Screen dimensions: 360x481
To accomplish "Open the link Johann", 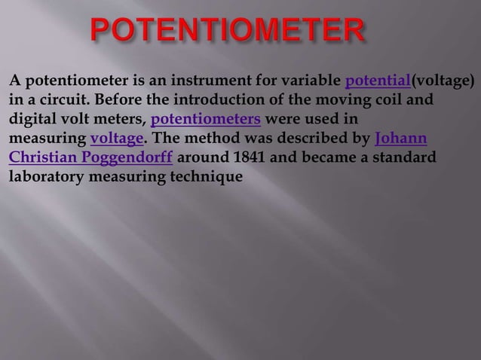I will click(401, 139).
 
